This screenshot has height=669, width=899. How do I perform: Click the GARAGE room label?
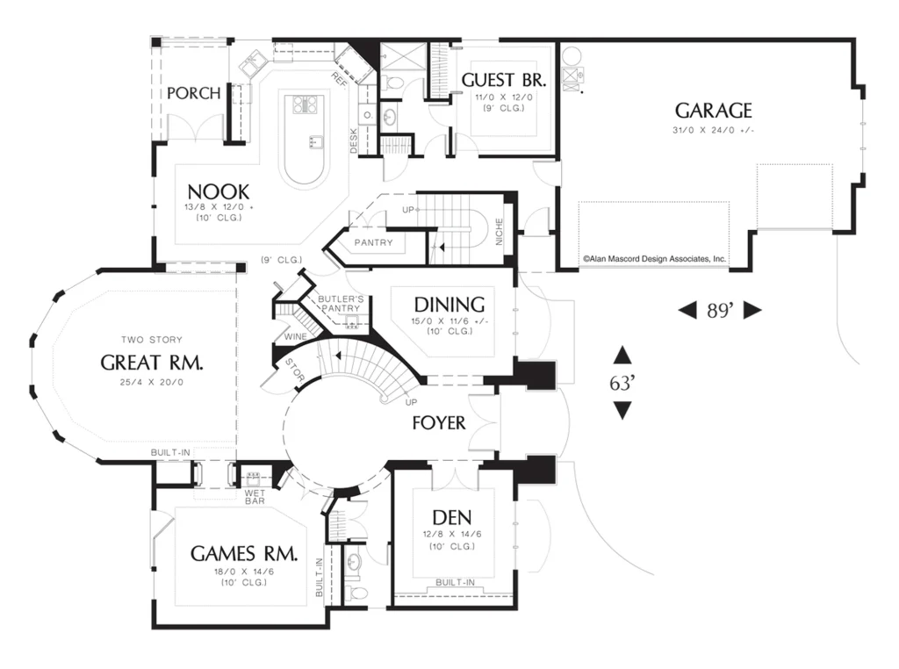tap(713, 111)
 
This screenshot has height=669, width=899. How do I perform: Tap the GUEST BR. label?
tap(503, 80)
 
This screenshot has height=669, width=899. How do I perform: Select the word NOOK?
tap(219, 191)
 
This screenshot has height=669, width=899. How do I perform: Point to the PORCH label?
tap(193, 93)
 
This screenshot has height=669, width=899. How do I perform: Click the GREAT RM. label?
tap(151, 363)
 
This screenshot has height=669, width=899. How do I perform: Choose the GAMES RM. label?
tap(244, 554)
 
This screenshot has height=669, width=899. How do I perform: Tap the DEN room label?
tap(452, 518)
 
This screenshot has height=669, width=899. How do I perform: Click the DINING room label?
tap(449, 305)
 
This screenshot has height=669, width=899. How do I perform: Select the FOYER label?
tap(439, 423)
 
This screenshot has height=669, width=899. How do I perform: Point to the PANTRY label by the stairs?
tap(373, 242)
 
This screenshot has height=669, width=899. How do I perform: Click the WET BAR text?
tap(255, 497)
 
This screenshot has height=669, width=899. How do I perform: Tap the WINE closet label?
tap(295, 336)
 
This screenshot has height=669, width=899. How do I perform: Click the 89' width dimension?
tap(720, 310)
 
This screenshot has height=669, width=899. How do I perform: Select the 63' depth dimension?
tap(622, 383)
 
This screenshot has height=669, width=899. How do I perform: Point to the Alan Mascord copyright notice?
tap(654, 258)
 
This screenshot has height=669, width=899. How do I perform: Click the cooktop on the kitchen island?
tap(305, 104)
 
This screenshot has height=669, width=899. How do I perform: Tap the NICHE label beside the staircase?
tap(499, 232)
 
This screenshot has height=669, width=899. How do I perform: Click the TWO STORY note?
tap(151, 340)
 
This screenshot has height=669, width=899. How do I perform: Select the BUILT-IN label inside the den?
tap(456, 582)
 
